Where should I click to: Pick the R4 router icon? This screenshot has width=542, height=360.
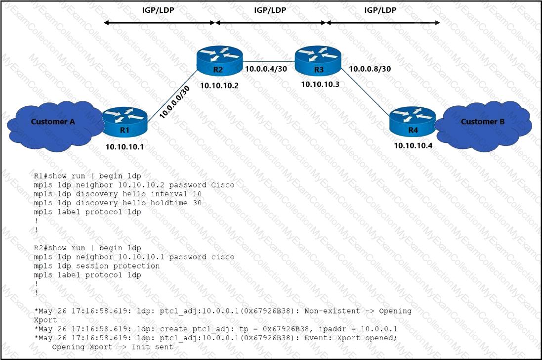pyautogui.click(x=412, y=122)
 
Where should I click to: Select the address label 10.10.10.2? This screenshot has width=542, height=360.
pyautogui.click(x=219, y=86)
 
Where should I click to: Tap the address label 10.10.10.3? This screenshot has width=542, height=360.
pyautogui.click(x=320, y=85)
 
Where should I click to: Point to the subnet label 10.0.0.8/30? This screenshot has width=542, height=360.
pyautogui.click(x=370, y=69)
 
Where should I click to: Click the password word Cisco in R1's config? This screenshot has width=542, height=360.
pyautogui.click(x=223, y=185)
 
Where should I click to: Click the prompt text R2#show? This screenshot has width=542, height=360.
pyautogui.click(x=51, y=248)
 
